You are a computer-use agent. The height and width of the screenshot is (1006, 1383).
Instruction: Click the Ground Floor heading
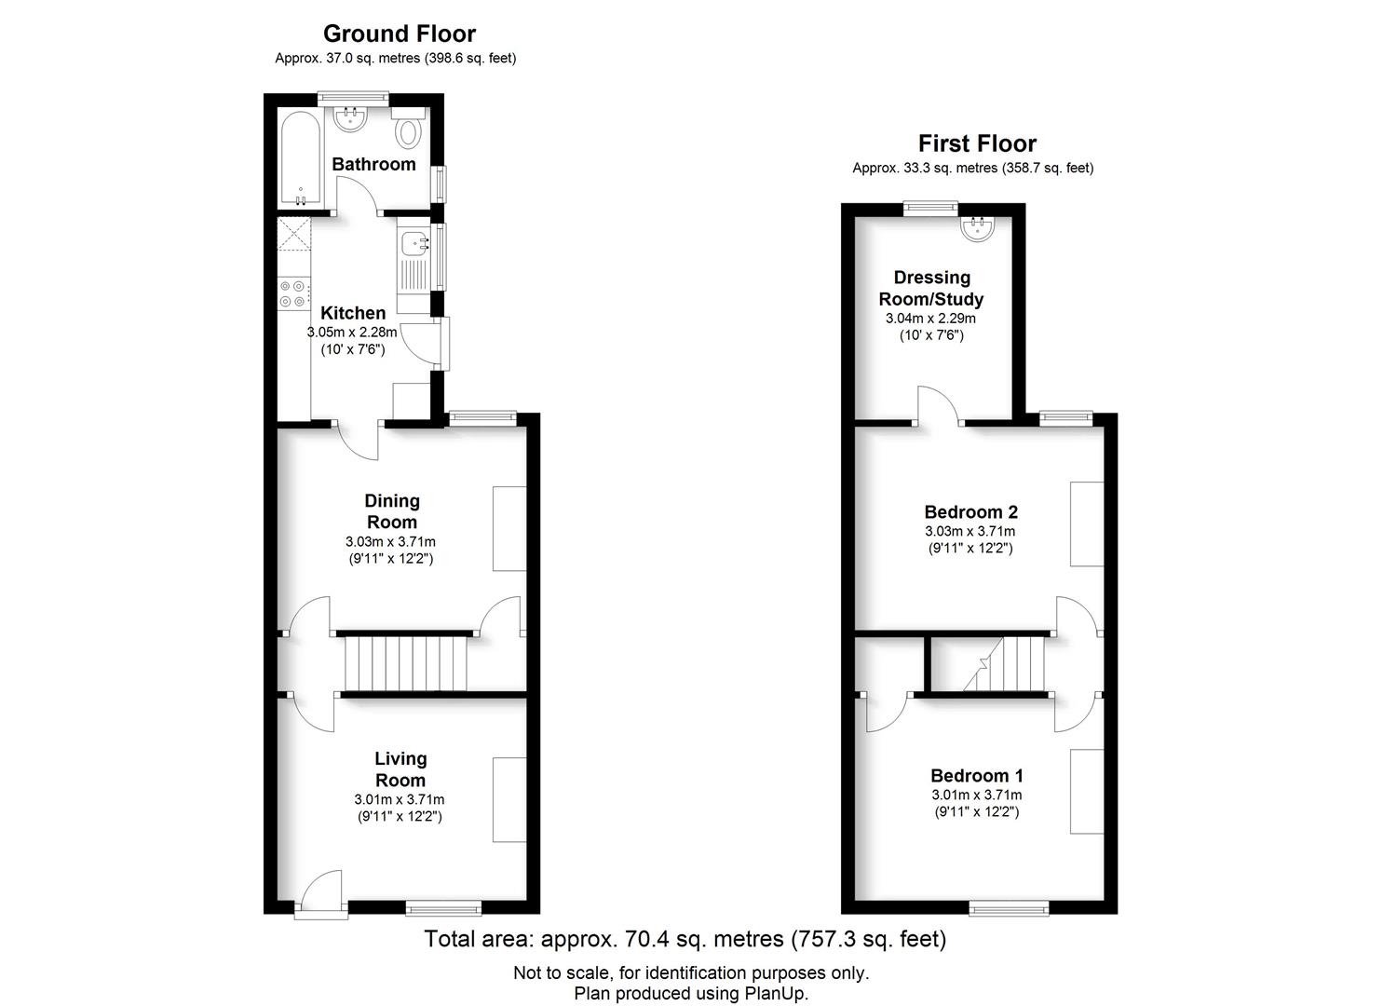click(x=400, y=34)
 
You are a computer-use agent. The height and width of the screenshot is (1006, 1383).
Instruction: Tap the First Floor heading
click(x=977, y=143)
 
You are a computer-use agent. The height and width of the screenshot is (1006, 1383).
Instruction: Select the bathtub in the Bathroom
click(x=301, y=158)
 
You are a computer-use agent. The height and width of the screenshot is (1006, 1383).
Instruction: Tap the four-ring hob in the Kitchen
click(x=293, y=292)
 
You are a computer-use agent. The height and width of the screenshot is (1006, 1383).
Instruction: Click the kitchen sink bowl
click(x=414, y=243)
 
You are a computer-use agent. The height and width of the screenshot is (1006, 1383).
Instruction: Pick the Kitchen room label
click(x=353, y=312)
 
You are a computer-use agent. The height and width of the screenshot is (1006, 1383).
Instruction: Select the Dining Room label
click(x=392, y=511)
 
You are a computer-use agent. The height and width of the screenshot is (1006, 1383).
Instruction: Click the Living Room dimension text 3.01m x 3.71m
click(x=400, y=799)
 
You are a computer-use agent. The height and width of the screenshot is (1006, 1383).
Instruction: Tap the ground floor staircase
click(x=405, y=664)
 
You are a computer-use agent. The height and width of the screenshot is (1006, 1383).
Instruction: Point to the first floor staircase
click(x=1003, y=664)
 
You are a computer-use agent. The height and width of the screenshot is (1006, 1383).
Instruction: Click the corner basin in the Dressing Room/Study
click(x=977, y=227)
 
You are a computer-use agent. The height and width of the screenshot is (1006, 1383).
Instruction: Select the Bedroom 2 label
click(x=970, y=512)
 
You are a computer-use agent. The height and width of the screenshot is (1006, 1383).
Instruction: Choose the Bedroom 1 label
click(x=977, y=776)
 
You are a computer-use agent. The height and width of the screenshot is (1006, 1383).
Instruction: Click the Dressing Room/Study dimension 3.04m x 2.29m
click(x=931, y=319)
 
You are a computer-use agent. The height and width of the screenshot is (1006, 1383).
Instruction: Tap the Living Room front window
click(x=443, y=907)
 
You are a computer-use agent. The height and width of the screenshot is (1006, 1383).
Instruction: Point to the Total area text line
click(x=685, y=939)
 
